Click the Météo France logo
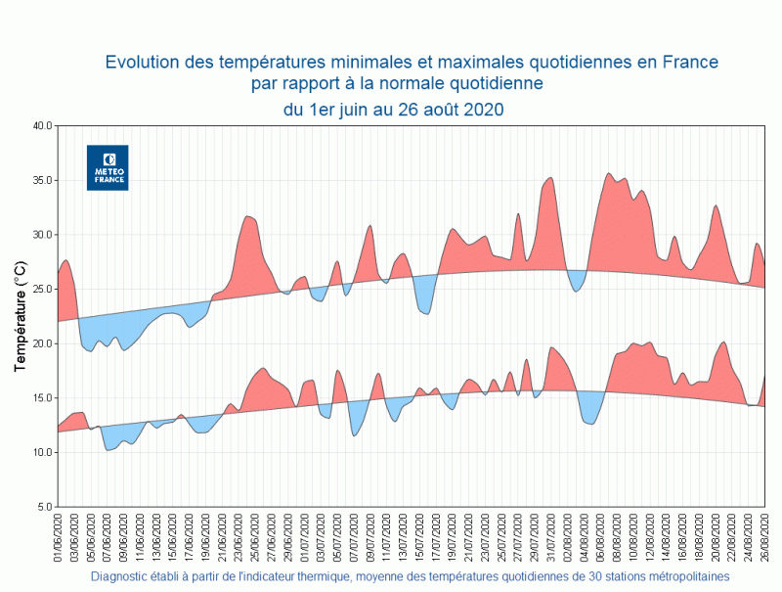pyautogui.click(x=108, y=167)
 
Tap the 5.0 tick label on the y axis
pyautogui.click(x=44, y=507)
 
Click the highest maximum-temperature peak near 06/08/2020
pyautogui.click(x=609, y=175)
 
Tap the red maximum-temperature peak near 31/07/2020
pyautogui.click(x=551, y=179)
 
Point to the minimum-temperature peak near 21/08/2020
pyautogui.click(x=722, y=343)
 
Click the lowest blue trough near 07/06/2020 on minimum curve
pyautogui.click(x=109, y=448)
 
